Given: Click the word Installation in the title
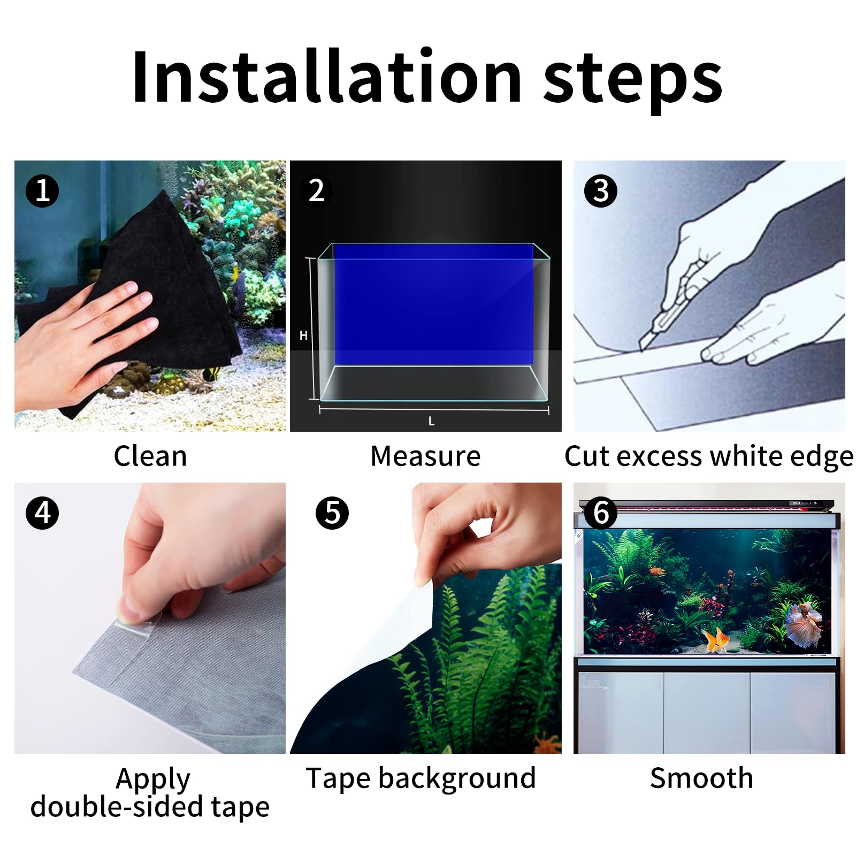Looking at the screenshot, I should [x=326, y=78].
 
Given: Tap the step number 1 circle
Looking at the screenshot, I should [x=42, y=191].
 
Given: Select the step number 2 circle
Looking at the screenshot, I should [x=316, y=191].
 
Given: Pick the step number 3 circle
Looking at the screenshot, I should [x=600, y=191].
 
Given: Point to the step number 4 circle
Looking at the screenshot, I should [x=42, y=513].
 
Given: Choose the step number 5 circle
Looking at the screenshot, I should [x=332, y=513].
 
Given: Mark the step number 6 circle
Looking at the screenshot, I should [x=600, y=513].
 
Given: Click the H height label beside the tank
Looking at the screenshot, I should [x=303, y=335].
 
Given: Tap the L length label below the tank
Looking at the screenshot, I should [x=431, y=422].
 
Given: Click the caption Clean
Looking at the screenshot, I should [x=150, y=456].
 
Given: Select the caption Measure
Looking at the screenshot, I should [x=425, y=456].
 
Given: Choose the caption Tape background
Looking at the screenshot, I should [x=421, y=778].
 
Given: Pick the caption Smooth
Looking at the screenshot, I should [x=701, y=778].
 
